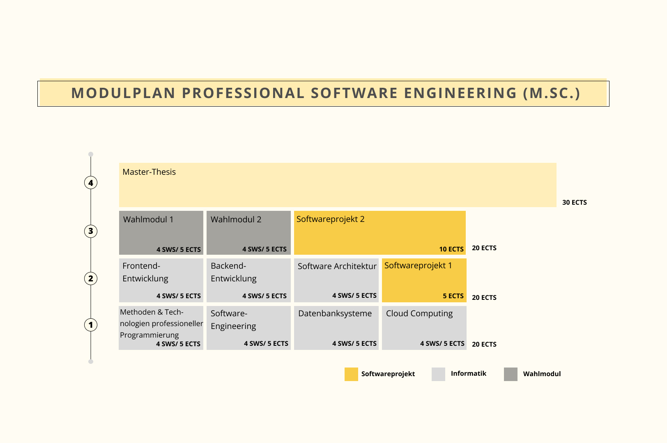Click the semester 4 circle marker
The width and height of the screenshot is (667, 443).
tap(91, 183)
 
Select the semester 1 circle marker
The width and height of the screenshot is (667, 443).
tap(91, 325)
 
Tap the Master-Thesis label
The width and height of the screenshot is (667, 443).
tap(149, 172)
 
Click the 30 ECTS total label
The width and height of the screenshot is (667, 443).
tap(574, 202)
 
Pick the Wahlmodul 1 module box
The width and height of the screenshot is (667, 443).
tap(161, 233)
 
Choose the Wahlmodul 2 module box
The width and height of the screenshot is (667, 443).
tap(248, 233)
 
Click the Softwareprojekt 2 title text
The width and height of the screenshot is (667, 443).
tap(330, 219)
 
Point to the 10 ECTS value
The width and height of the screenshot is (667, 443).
tap(451, 249)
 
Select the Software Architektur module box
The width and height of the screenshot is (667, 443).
tap(336, 280)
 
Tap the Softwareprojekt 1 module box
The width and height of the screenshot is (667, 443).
tap(424, 280)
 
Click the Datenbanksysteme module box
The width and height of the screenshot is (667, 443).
tap(336, 328)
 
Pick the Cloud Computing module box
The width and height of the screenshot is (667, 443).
tap(424, 328)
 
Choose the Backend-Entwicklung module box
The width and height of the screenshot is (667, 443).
tap(248, 280)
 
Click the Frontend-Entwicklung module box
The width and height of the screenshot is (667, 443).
tap(161, 280)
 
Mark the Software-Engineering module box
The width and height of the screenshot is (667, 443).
tap(248, 328)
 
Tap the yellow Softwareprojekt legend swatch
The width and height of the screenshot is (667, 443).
tap(351, 374)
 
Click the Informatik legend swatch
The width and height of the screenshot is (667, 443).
tap(438, 374)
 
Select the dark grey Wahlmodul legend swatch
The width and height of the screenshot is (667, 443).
tap(511, 374)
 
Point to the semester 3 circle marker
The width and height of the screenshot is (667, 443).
tap(91, 231)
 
